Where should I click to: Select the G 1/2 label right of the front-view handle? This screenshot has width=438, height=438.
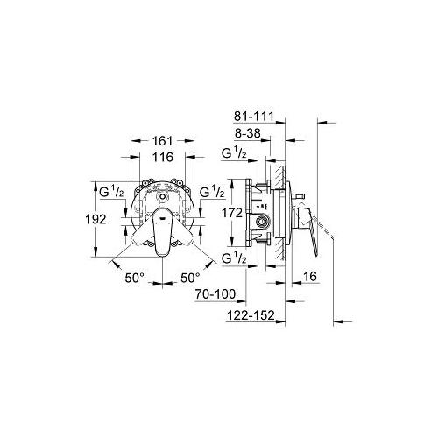(210, 192)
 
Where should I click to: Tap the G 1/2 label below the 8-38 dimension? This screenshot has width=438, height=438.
(233, 155)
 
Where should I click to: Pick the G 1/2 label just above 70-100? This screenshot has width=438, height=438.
(234, 259)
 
